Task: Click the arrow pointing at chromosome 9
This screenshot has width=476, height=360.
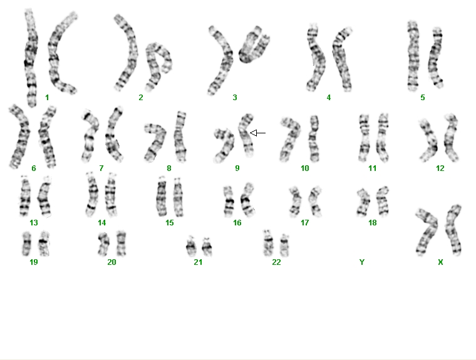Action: coord(257,133)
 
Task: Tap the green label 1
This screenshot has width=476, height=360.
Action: coord(47,98)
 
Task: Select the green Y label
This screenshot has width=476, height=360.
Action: coord(361,262)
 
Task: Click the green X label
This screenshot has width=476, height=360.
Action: coord(440,262)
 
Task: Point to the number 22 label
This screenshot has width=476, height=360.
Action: coord(276,262)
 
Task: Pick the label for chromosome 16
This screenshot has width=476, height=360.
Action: coord(237,223)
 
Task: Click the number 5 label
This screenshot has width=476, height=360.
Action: coord(423,98)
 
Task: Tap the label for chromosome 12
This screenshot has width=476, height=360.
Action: coord(440,168)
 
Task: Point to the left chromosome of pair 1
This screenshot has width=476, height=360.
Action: coord(31,58)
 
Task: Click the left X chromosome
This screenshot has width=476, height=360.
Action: coord(427,231)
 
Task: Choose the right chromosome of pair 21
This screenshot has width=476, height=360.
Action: coord(207,247)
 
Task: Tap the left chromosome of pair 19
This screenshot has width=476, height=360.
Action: coord(27,244)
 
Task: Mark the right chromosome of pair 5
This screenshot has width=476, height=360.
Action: coord(435,58)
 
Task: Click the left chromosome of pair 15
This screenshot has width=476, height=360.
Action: coord(162,197)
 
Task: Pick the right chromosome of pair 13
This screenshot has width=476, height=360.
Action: coord(44,197)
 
